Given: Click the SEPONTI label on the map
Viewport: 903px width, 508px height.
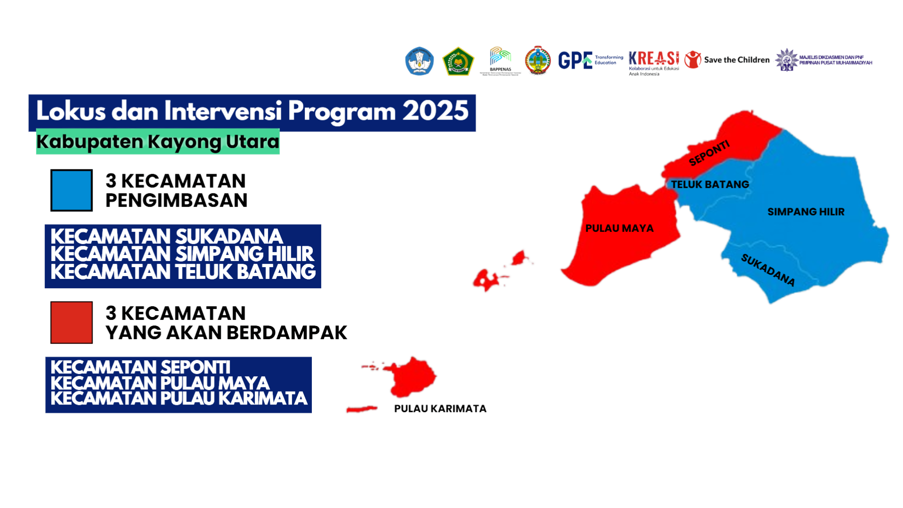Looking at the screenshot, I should (x=709, y=153).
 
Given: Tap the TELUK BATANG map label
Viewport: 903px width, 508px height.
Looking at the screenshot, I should (x=710, y=184).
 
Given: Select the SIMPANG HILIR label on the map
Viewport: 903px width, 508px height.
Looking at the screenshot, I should (x=806, y=212).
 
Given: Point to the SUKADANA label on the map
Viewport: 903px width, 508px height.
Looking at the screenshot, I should (x=768, y=270).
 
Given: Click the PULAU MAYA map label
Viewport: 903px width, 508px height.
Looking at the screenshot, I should (x=619, y=228).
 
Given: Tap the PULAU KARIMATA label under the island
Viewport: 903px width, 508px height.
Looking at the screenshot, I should (x=440, y=409).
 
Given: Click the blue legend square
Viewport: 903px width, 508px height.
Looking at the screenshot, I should (x=71, y=190).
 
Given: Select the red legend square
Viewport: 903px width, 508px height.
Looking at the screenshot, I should (x=71, y=323).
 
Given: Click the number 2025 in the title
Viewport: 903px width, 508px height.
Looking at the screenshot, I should (x=435, y=111).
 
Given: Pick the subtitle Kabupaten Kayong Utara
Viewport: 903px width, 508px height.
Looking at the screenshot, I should (x=158, y=142).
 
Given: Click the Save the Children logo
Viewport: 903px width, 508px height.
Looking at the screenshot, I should (x=727, y=60).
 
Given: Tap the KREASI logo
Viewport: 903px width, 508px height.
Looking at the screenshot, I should (x=654, y=61).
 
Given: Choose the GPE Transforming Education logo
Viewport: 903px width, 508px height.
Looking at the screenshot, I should (x=590, y=60).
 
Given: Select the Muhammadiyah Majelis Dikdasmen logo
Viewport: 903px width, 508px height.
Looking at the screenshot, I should (x=823, y=60).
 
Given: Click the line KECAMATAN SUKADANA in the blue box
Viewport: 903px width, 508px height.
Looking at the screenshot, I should (x=166, y=236).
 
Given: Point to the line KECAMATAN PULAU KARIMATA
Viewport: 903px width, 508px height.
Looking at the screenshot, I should (x=179, y=399).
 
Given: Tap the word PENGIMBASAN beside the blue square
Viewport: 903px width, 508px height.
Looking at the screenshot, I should (x=176, y=200).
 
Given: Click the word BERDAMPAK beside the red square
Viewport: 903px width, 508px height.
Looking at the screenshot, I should (x=288, y=333).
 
